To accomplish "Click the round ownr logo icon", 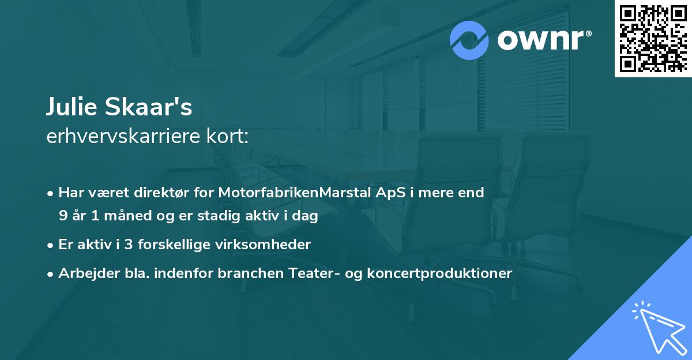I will point(470,40).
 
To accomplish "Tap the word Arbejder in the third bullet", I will point(85,273).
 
